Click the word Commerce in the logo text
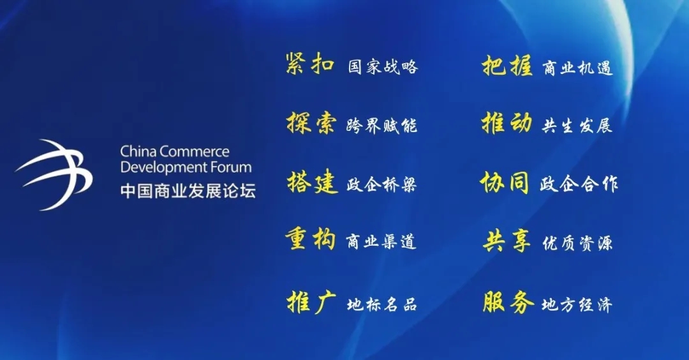point(194,152)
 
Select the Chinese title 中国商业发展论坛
point(188,191)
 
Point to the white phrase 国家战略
point(383,67)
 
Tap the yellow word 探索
point(311,122)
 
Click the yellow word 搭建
point(313,182)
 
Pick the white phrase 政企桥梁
point(382,184)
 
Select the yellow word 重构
point(311,239)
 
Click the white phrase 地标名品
point(382,304)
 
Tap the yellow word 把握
point(507,66)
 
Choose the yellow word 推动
point(507,123)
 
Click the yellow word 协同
point(505,183)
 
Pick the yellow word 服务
point(508,303)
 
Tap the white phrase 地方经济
point(577,304)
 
